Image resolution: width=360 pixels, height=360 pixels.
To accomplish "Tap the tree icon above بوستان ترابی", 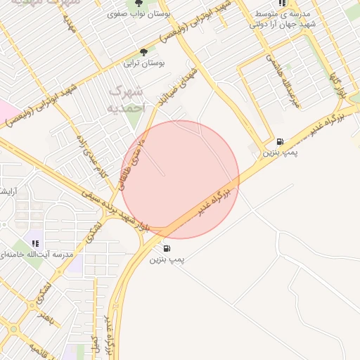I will click(x=144, y=52).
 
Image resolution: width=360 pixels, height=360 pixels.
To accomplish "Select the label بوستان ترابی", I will click(x=144, y=63).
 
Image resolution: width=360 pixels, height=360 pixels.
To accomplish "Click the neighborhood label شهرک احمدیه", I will click(x=127, y=100).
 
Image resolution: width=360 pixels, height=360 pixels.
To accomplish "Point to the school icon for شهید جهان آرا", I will click(x=283, y=3).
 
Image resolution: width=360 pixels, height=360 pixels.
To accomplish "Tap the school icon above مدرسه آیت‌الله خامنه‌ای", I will click(x=34, y=243).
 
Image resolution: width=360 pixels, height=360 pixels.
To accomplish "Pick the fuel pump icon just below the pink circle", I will click(x=167, y=248).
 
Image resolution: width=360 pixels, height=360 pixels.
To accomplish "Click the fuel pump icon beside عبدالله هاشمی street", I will click(x=281, y=141).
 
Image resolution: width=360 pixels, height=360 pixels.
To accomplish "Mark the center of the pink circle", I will click(x=181, y=179).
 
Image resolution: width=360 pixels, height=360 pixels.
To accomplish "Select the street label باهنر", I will click(x=46, y=319).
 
